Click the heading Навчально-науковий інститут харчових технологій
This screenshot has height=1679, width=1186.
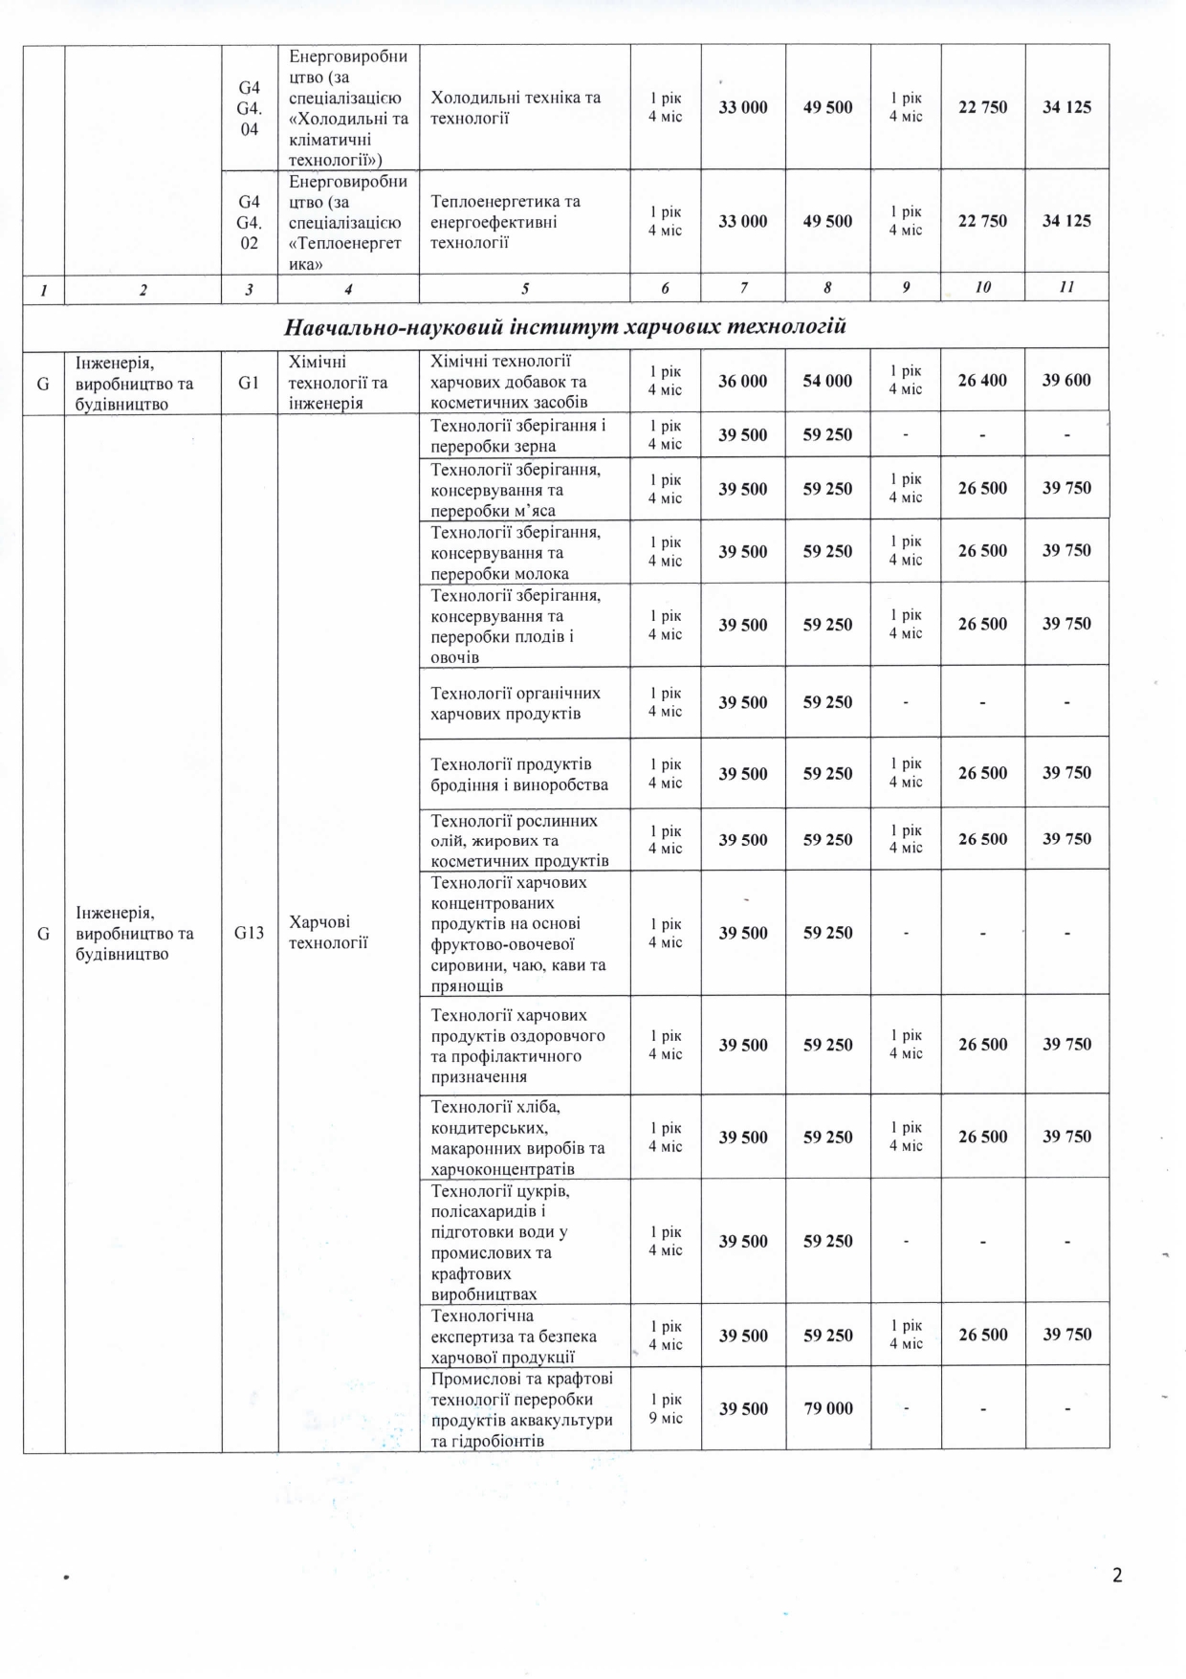point(565,327)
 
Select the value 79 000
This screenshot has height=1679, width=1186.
point(827,1408)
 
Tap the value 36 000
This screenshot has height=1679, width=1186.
point(743,381)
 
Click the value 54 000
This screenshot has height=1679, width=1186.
point(827,381)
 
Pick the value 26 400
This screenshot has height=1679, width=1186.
point(982,381)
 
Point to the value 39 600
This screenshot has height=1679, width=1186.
point(1066,381)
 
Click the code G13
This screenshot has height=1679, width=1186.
point(250,933)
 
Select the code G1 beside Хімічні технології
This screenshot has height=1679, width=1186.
point(250,381)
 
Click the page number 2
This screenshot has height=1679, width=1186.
point(1117,1575)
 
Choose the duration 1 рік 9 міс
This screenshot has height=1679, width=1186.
point(666,1408)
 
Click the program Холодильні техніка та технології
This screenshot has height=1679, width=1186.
point(516,107)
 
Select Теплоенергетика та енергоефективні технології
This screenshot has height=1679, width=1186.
point(505,222)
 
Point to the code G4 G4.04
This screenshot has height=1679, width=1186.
point(250,107)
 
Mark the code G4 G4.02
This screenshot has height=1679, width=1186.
point(250,222)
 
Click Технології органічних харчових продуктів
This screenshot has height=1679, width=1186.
point(516,703)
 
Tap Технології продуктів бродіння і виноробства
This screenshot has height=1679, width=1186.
point(519,774)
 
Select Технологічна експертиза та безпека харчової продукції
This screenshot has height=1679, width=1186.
point(514,1336)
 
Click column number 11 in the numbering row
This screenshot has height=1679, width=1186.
point(1067,287)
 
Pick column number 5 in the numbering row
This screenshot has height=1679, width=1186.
point(524,288)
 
